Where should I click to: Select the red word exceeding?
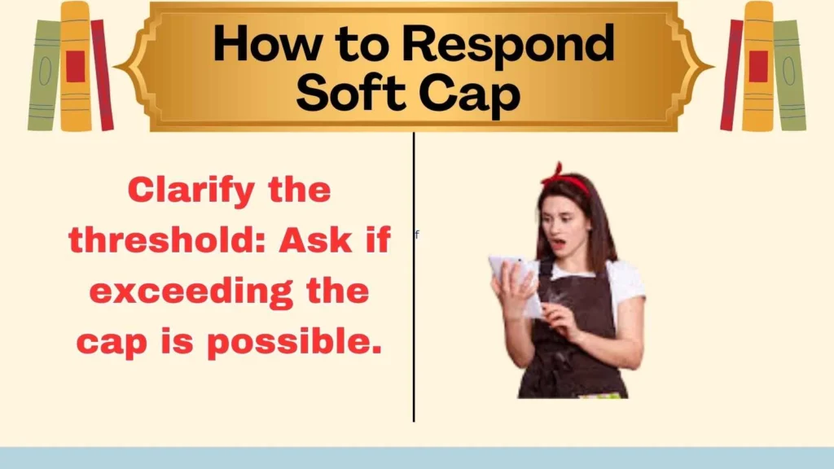(x=200, y=291)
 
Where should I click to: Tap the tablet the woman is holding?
(x=512, y=282)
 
